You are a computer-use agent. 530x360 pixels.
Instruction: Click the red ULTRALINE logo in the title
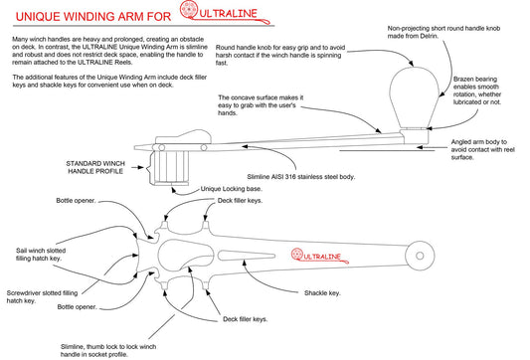[x=225, y=13]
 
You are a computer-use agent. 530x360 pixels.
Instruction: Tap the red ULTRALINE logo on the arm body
[x=320, y=256]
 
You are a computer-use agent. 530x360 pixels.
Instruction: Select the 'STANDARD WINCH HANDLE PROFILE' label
[x=95, y=167]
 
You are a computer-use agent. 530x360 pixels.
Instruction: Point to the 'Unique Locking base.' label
[x=232, y=189]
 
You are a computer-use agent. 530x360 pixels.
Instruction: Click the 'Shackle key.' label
[x=322, y=293]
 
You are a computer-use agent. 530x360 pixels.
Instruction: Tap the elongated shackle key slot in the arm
[x=246, y=256]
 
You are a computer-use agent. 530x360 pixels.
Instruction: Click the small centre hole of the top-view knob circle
[x=420, y=256]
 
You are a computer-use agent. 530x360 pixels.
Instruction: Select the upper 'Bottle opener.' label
[x=76, y=201]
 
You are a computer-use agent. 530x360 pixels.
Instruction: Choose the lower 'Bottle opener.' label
[x=78, y=307]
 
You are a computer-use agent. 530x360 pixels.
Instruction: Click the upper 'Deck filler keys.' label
[x=240, y=201]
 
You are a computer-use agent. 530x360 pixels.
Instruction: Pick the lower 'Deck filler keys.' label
[x=245, y=319]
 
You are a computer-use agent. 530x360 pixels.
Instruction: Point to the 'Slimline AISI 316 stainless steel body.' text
[x=301, y=176]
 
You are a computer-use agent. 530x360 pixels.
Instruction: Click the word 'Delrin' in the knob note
[x=429, y=36]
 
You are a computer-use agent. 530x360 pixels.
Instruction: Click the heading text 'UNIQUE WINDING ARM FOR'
[x=93, y=17]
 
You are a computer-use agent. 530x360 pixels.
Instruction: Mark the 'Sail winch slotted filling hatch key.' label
[x=41, y=255]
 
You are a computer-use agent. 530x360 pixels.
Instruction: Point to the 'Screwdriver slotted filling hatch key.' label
[x=42, y=296]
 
